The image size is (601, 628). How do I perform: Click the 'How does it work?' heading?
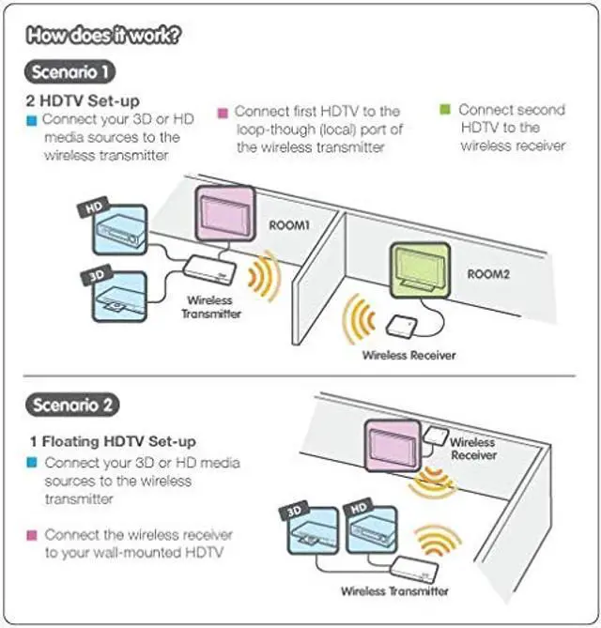tap(103, 36)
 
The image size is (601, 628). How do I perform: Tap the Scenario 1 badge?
tap(69, 72)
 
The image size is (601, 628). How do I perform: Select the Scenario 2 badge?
tap(72, 405)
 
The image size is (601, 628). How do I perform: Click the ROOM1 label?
tap(289, 225)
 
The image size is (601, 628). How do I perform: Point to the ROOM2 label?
tap(488, 274)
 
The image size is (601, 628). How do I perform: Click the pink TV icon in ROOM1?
tap(225, 214)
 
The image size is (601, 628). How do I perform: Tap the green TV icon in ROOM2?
tap(421, 270)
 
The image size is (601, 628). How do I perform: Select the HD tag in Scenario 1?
tap(94, 207)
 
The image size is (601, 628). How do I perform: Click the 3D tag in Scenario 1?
tap(97, 275)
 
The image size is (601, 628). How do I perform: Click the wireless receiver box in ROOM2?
tap(401, 326)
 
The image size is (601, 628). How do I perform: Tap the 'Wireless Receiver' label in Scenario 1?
tap(408, 355)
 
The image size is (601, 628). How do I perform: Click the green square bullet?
tap(445, 109)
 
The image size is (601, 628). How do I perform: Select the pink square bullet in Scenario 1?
tap(223, 113)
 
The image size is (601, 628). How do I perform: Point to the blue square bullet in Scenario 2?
tap(31, 463)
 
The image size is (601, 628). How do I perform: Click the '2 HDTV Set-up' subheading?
tap(83, 100)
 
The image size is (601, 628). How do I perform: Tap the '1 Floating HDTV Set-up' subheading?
tap(113, 441)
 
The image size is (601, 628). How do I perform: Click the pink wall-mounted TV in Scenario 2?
tap(393, 445)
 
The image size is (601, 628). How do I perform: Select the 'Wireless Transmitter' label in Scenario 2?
tap(394, 591)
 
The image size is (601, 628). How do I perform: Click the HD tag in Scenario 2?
tap(359, 509)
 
